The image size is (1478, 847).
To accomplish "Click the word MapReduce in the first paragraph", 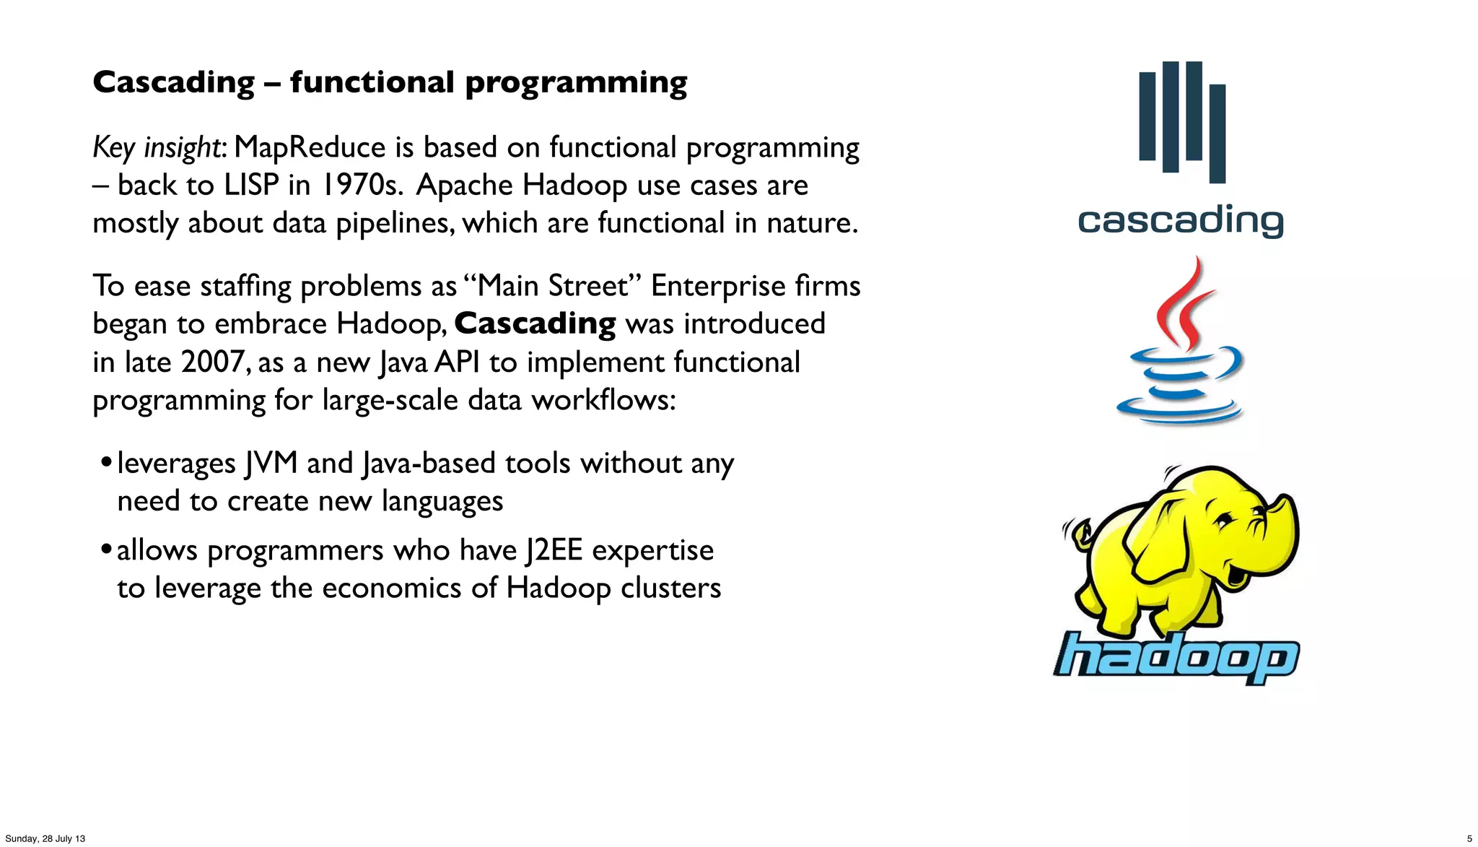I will pos(310,147).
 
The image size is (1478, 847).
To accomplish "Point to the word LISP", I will pos(250,185).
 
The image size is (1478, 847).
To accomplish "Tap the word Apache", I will pos(465,185).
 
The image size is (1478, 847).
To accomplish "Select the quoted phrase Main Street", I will pos(553,286).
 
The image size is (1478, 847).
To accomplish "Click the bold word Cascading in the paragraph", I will pos(535,323).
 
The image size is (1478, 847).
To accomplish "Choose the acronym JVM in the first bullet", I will pos(271,463).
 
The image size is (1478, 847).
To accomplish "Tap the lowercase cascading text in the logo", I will pos(1181,220).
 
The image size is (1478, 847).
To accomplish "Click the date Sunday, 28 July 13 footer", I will pos(45,838).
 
